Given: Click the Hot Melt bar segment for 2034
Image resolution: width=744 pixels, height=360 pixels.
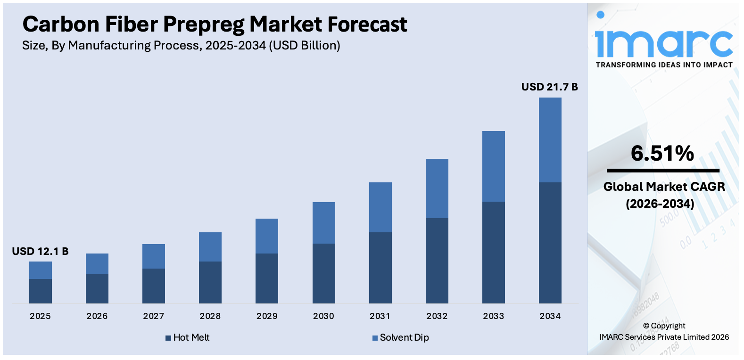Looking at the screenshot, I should (550, 243).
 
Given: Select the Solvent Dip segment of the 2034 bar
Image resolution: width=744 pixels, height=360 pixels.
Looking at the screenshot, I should (550, 140).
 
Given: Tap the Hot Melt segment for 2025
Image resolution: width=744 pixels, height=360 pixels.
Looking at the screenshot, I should (41, 291).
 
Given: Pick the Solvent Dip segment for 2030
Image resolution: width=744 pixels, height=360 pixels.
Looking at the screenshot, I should (323, 223).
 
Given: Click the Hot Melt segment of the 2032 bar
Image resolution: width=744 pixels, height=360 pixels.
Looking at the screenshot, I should (437, 261).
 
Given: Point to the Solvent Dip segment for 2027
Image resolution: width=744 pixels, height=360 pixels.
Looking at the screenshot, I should (154, 256).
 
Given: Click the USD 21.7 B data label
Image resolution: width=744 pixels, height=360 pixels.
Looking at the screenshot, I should (549, 87).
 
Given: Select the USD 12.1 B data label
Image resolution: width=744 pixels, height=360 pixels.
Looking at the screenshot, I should (40, 252).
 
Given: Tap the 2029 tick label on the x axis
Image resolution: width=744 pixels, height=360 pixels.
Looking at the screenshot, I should (267, 316).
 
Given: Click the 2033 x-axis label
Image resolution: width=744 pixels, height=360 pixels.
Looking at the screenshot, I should (493, 316).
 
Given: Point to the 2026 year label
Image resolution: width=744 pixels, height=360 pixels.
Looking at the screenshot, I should (97, 316).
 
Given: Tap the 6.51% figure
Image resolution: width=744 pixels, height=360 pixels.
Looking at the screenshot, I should (662, 154).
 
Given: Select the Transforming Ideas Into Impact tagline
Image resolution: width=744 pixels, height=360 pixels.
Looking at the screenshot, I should (664, 65).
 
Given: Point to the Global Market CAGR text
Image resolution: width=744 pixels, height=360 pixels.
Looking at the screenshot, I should (664, 187).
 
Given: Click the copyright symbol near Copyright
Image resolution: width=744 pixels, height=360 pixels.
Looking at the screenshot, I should (646, 326).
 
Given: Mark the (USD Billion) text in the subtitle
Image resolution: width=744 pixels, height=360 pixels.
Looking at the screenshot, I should (305, 46).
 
